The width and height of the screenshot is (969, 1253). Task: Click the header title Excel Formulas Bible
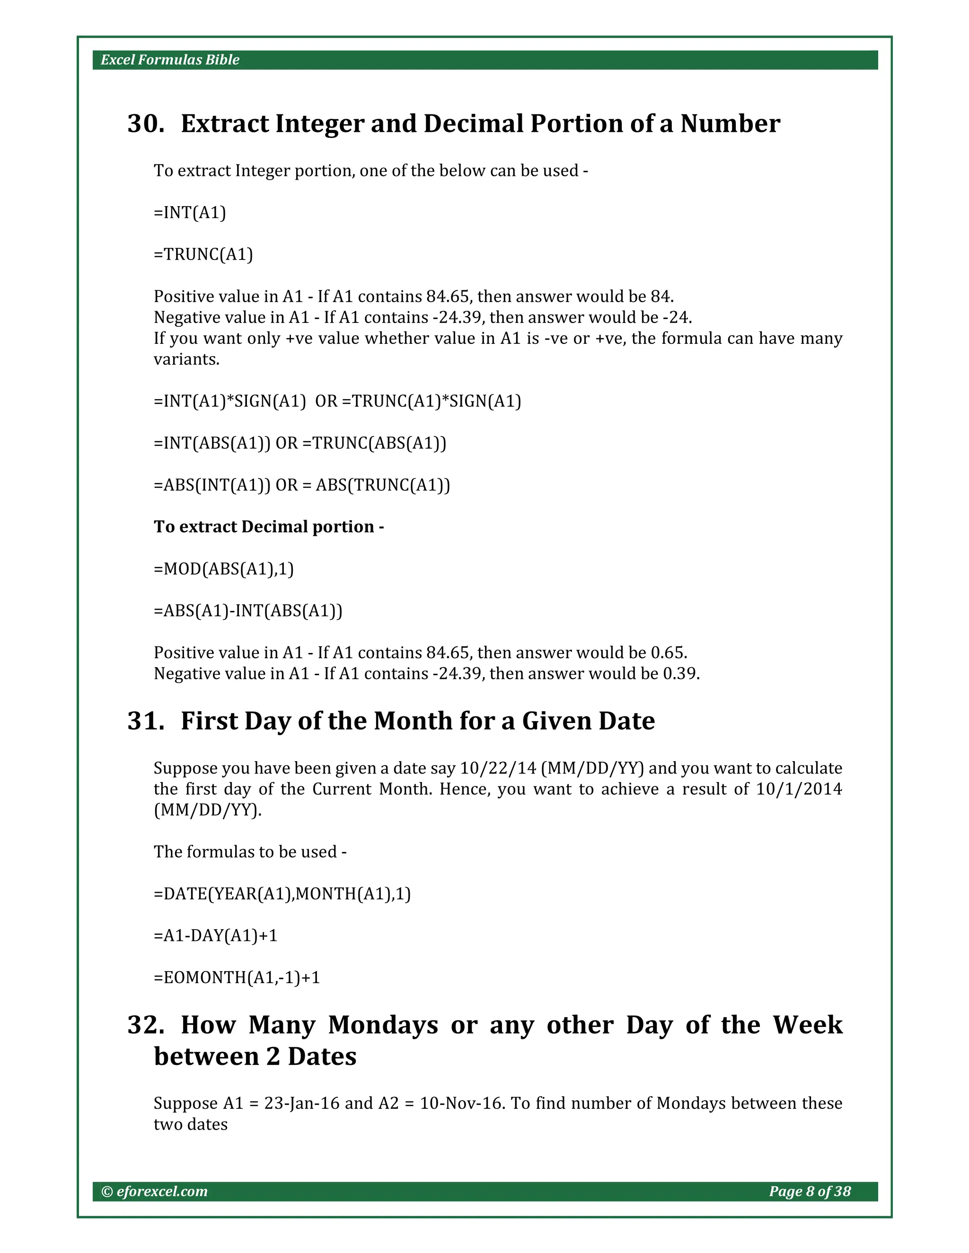coord(170,60)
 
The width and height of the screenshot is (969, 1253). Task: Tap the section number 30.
coord(146,124)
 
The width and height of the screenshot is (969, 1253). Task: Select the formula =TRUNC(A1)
coord(203,255)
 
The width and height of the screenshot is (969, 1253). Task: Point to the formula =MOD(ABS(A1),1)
coord(224,569)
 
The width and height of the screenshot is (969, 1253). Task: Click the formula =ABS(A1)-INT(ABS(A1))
coord(248,611)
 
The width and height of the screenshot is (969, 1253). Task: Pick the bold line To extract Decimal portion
coord(269,527)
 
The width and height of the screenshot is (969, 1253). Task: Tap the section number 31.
coord(146,721)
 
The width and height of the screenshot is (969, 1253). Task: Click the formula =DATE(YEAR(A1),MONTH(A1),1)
coord(282,894)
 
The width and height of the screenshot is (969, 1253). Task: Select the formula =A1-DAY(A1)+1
coord(216,936)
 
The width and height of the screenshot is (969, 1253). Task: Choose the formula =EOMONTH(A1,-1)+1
coord(237,978)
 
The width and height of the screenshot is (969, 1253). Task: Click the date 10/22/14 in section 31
coord(498,768)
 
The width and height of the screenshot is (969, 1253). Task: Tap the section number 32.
coord(146,1025)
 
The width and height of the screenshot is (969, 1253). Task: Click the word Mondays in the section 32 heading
coord(383,1025)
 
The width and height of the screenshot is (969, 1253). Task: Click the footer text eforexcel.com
coord(161,1192)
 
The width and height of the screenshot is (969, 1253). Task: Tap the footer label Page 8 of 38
coord(810,1192)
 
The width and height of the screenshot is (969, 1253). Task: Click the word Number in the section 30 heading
coord(730,124)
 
